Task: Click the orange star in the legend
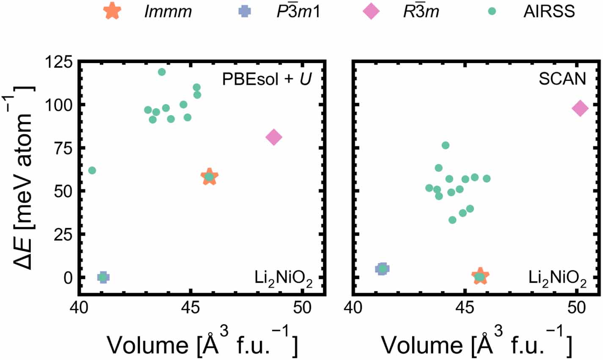[113, 11]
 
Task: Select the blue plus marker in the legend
[244, 11]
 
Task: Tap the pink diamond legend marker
[371, 11]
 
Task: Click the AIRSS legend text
[549, 11]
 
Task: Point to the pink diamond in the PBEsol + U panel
[274, 137]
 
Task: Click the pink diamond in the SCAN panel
[580, 108]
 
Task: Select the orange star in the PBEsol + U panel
[209, 177]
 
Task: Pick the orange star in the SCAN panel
[480, 277]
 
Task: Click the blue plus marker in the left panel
[103, 277]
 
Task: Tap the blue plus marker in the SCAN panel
[383, 269]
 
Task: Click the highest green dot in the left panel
[162, 72]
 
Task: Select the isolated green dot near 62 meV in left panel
[92, 170]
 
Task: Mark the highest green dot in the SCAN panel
[446, 146]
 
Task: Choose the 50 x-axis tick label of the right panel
[576, 308]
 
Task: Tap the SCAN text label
[562, 79]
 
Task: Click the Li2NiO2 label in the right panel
[557, 279]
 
